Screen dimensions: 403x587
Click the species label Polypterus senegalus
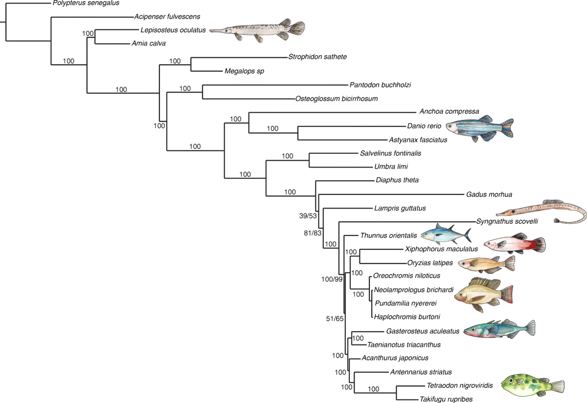pos(86,3)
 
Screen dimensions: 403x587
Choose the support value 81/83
pos(313,235)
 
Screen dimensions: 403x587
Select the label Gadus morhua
pos(489,194)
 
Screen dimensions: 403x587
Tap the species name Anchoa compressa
pos(449,111)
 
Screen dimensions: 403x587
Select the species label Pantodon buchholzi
pos(380,85)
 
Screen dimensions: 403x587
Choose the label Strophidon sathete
pos(317,57)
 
